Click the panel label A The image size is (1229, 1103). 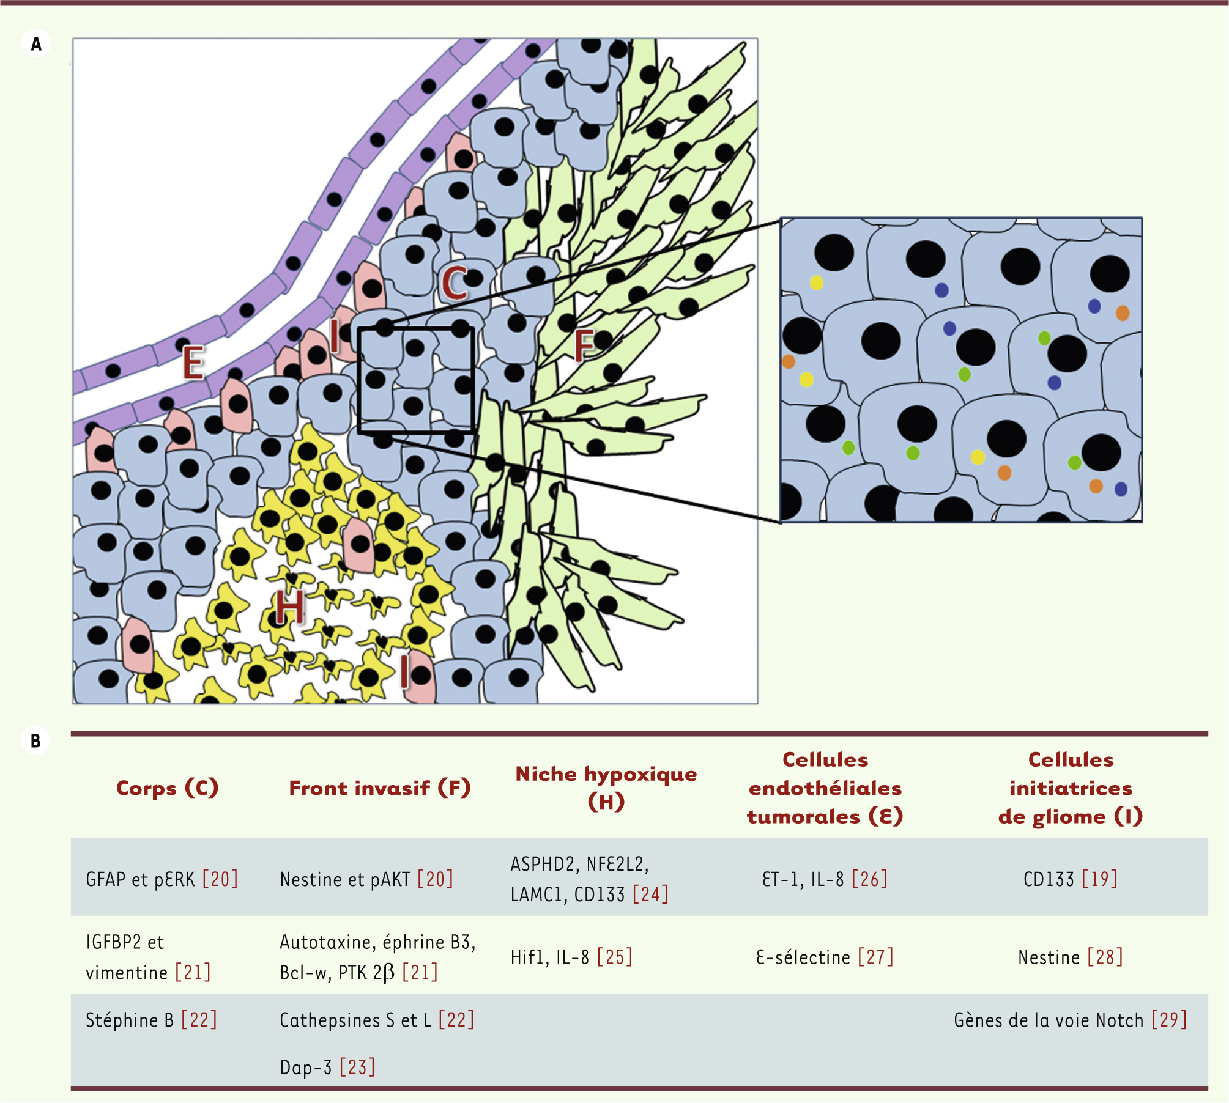36,44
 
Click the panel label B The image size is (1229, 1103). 35,740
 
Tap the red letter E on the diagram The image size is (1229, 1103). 194,363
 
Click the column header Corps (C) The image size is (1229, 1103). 167,788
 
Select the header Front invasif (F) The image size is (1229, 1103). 379,788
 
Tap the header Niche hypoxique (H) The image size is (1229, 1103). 606,787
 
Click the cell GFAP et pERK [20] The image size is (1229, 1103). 162,879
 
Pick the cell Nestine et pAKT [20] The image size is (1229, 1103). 366,879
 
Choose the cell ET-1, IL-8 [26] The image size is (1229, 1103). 824,879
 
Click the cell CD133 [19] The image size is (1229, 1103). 1070,879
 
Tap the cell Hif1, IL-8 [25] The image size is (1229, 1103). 571,957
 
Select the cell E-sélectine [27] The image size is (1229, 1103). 824,957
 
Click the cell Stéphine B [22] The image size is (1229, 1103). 151,1020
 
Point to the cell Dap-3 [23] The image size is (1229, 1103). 327,1067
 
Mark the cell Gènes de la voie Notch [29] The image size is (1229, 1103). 1070,1020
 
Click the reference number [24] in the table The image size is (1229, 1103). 650,895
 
